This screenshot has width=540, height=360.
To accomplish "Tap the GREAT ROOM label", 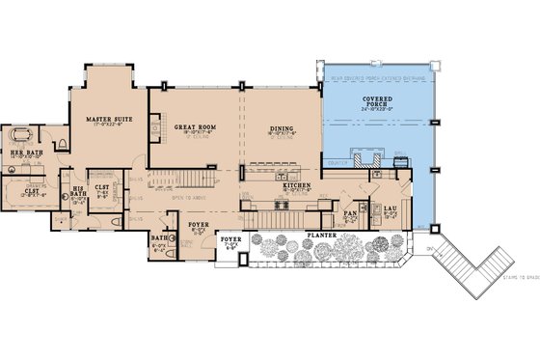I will pos(193,126).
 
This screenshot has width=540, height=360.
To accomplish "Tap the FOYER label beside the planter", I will pos(229,237).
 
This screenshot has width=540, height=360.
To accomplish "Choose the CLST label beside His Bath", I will pos(101,187).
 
